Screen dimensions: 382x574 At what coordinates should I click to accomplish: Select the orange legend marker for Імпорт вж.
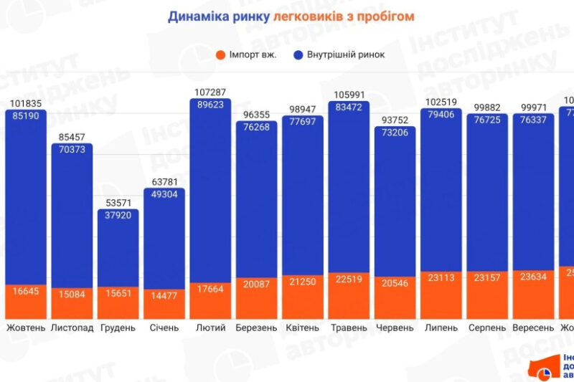[220, 54]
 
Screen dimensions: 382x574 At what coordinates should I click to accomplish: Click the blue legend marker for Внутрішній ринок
[299, 54]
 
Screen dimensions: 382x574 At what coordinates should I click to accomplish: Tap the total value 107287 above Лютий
[210, 92]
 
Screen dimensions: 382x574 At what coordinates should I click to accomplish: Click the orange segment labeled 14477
[164, 294]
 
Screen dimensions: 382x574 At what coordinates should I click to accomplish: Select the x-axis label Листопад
[72, 328]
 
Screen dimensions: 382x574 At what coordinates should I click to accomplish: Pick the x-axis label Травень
[349, 328]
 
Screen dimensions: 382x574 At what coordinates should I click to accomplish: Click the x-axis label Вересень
[533, 328]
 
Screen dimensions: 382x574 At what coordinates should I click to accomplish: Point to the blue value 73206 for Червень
[395, 133]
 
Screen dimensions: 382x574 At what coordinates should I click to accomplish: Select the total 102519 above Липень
[441, 102]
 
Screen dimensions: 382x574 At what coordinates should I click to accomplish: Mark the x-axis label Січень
[164, 328]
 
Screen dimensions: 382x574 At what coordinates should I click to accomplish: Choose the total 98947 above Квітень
[303, 109]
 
